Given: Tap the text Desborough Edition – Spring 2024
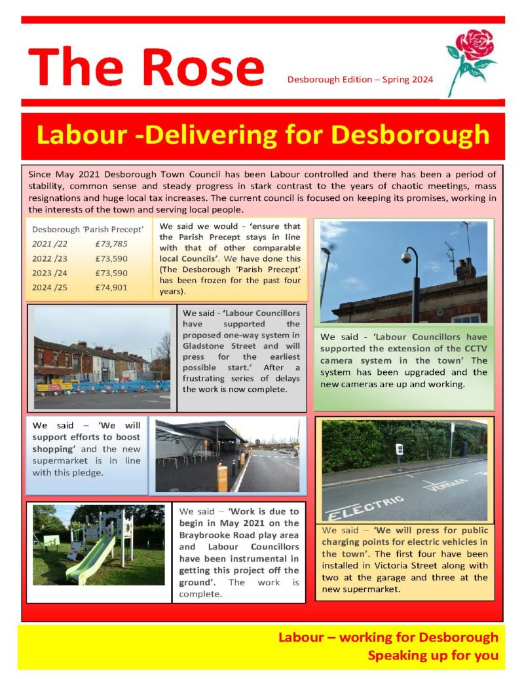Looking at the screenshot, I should click(360, 80).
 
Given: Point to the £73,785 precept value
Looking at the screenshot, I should click(111, 244).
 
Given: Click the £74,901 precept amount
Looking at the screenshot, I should click(111, 287).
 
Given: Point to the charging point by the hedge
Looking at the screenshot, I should click(398, 451).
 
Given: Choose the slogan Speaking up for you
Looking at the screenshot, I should click(432, 655).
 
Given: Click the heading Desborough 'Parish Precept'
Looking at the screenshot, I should click(88, 230).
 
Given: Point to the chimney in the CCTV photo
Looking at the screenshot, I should click(466, 268).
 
